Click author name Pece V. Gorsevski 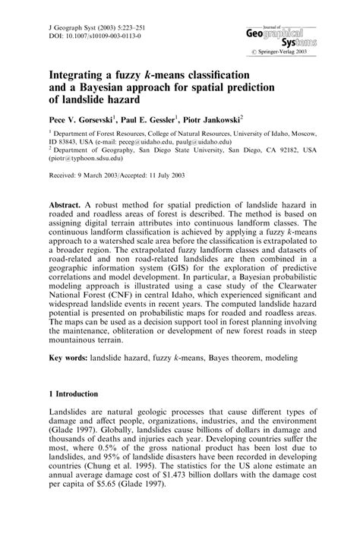click(83, 121)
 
